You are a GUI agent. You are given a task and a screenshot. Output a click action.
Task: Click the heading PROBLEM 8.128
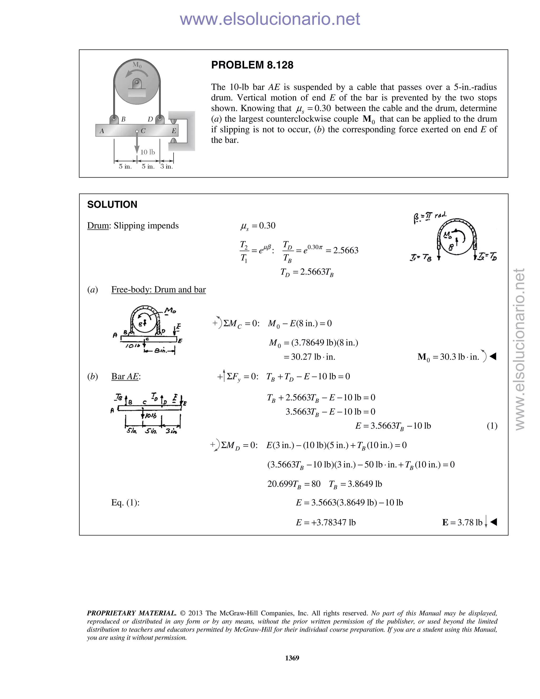pos(252,65)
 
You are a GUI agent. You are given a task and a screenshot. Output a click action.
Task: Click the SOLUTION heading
pos(112,204)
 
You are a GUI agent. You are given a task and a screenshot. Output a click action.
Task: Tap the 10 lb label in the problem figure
pos(147,152)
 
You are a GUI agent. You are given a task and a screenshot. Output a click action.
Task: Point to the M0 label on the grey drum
pos(137,64)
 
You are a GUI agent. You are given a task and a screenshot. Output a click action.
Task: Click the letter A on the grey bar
pos(102,131)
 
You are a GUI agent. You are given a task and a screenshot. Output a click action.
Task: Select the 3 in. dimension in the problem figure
pos(166,166)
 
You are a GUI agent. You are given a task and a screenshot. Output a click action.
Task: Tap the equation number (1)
pos(492,426)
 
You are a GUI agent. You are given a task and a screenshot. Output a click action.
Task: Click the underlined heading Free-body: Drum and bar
pos(158,290)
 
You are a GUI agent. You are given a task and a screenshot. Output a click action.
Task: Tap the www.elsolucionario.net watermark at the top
pos(270,19)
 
